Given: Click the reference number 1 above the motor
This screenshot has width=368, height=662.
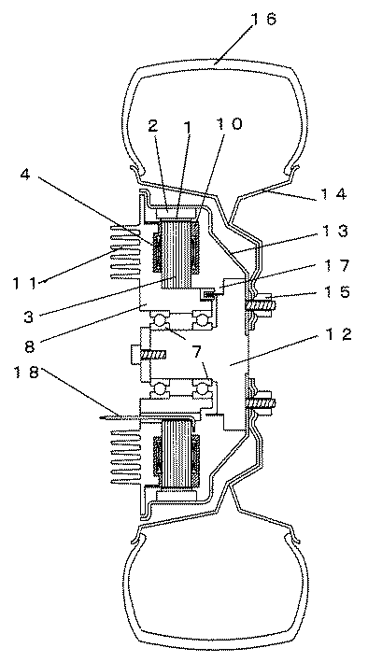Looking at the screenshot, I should coord(177,124).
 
